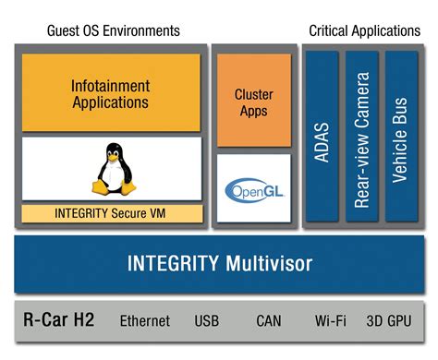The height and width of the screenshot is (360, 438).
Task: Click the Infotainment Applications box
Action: click(111, 93)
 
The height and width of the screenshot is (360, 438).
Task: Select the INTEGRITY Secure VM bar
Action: click(111, 212)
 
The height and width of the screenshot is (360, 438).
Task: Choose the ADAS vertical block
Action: click(322, 135)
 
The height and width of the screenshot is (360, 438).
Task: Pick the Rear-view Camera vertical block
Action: click(361, 135)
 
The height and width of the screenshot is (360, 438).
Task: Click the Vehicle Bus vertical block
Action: click(401, 135)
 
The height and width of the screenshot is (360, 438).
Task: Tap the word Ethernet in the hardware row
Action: click(145, 321)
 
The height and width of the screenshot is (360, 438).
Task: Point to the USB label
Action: click(207, 321)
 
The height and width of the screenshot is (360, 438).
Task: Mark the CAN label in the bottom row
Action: click(268, 321)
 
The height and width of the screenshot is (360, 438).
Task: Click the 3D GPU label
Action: click(389, 321)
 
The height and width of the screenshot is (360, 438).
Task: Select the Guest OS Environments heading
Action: click(114, 30)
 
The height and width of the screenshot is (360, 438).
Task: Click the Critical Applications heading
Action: click(363, 30)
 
